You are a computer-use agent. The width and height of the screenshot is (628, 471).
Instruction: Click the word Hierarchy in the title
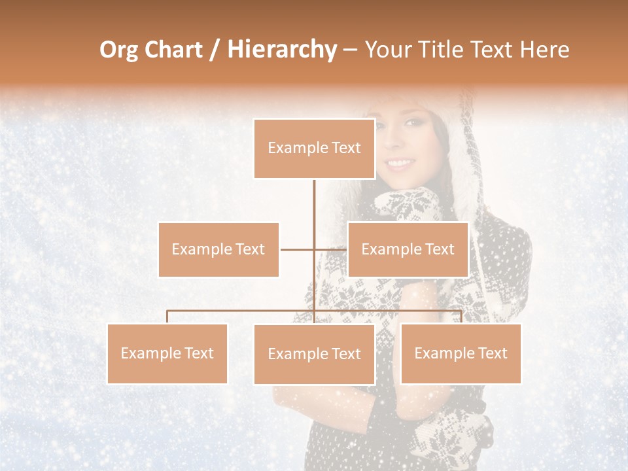(282, 50)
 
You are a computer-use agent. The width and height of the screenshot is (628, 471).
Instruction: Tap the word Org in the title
(119, 50)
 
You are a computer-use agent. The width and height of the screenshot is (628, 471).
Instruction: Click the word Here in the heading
(544, 50)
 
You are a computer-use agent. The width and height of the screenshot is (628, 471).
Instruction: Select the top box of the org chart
(314, 148)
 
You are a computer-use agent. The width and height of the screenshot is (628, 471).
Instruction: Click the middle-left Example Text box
(218, 249)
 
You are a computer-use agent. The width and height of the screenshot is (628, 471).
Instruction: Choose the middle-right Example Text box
(408, 249)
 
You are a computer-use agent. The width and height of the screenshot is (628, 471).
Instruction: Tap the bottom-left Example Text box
(167, 353)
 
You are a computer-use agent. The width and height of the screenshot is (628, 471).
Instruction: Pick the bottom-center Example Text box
(314, 354)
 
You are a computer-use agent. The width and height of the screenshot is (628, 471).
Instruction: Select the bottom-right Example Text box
(461, 353)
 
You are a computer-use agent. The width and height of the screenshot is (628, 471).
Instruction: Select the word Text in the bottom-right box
(492, 353)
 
